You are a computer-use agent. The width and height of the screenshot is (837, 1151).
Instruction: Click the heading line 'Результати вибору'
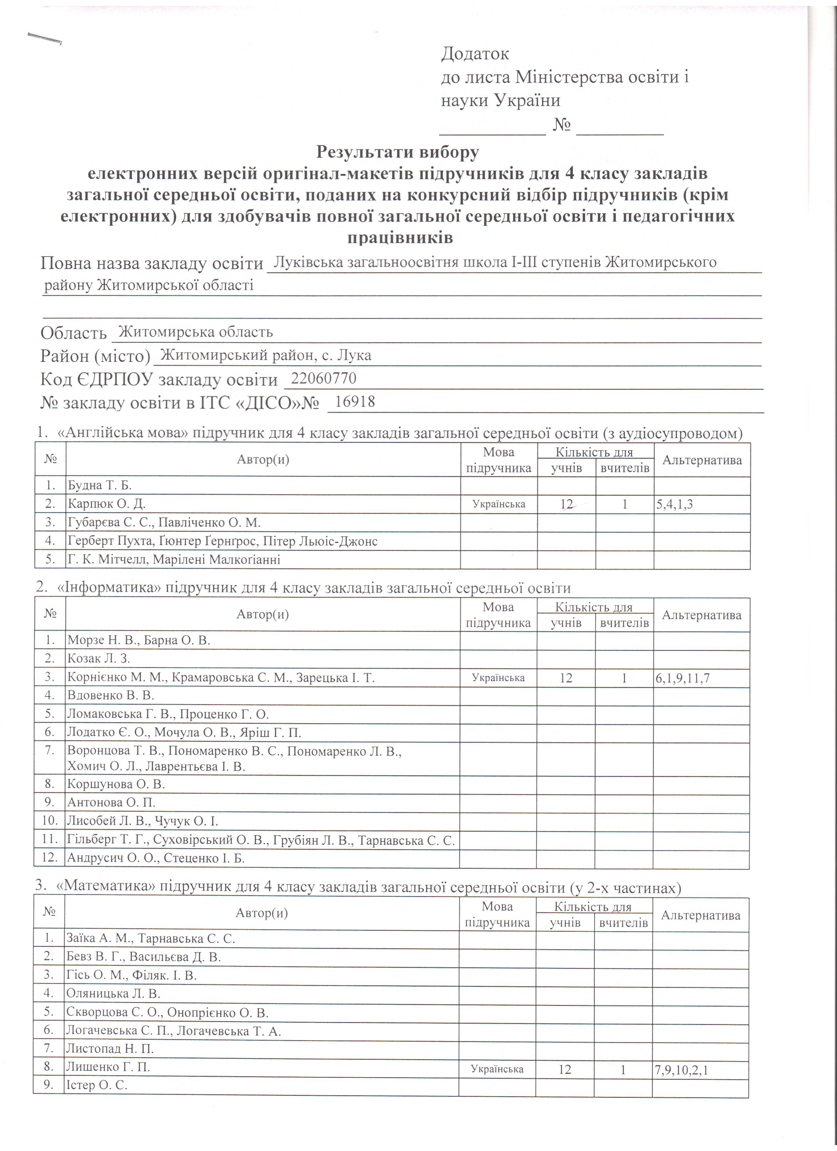point(397,151)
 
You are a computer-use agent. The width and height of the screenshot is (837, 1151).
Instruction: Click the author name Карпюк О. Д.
point(107,504)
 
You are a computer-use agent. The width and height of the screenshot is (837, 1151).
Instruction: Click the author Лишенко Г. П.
point(108,1067)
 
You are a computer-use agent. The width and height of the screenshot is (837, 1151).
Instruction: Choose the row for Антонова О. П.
point(111,802)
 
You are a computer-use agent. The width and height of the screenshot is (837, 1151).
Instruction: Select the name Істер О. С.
point(97,1085)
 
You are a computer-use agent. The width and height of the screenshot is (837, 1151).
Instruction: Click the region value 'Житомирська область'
point(195,332)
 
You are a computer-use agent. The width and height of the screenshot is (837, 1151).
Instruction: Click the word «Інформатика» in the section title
point(107,588)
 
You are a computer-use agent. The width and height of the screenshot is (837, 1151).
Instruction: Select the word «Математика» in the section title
point(106,888)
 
